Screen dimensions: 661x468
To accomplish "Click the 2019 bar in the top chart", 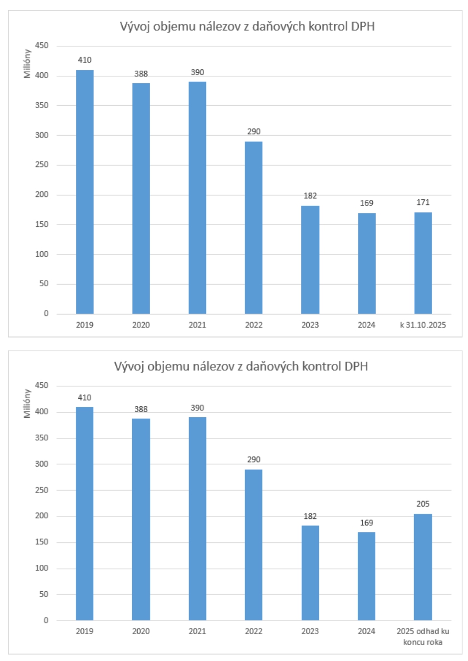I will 85,192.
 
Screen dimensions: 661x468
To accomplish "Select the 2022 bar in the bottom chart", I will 253,544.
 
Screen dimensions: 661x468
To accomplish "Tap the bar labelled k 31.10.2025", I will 423,263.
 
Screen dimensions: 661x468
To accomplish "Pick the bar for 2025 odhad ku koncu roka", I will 423,567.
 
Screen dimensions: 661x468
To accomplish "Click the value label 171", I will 423,202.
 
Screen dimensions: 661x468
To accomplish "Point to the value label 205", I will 423,504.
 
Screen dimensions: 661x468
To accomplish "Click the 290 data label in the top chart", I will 253,132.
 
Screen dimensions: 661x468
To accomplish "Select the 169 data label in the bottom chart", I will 366,523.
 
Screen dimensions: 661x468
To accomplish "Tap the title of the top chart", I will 247,26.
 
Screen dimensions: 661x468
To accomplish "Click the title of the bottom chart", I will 241,366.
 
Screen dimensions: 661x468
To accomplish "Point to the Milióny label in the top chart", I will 27,64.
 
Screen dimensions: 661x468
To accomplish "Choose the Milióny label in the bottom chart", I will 27,403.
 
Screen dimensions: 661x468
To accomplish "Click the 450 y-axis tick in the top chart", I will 42,46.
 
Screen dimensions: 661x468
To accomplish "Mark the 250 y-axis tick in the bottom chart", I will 42,490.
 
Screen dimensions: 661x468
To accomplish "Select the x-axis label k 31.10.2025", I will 423,325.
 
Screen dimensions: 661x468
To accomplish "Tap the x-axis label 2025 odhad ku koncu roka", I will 423,637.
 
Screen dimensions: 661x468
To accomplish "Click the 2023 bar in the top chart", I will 310,260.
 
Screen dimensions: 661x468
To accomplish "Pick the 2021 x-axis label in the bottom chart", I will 197,631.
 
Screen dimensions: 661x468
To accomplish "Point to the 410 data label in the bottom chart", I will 85,398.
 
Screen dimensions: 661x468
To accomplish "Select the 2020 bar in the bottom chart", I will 141,519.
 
